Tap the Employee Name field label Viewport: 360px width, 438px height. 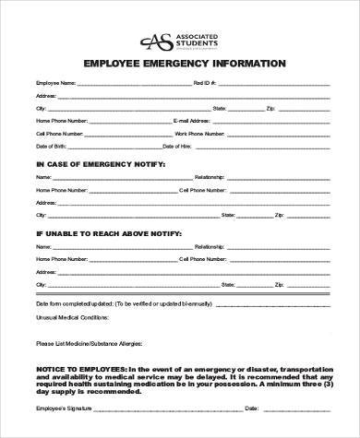point(55,82)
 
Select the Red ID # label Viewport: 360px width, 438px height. point(205,82)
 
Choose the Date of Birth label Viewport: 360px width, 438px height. point(50,147)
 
